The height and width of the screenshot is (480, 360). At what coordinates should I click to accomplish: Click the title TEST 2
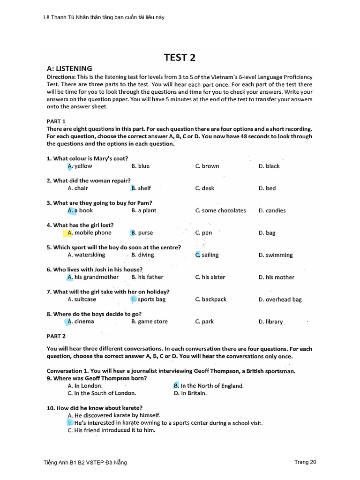(x=180, y=58)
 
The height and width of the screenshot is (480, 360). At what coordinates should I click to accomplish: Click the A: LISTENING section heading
(x=69, y=68)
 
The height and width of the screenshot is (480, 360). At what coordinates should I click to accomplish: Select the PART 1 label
(x=56, y=121)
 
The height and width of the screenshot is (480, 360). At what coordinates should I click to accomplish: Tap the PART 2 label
(x=56, y=336)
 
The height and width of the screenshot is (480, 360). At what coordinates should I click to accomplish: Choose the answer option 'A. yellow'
(x=80, y=166)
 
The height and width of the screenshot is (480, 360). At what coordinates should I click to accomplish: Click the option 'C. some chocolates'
(x=220, y=210)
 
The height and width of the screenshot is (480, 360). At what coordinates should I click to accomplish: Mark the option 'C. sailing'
(x=207, y=255)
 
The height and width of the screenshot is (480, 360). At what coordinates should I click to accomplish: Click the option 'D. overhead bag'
(x=280, y=300)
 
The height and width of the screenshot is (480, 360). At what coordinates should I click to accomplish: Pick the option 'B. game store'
(x=149, y=322)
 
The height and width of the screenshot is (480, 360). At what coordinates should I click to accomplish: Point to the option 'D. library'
(x=270, y=322)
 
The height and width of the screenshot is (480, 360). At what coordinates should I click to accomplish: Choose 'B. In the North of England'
(x=208, y=386)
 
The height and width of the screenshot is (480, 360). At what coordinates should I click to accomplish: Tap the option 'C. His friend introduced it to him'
(x=111, y=430)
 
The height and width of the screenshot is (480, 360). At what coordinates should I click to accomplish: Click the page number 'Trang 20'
(x=305, y=462)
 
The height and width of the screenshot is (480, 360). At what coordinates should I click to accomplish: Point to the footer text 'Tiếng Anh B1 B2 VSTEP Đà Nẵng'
(x=85, y=463)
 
